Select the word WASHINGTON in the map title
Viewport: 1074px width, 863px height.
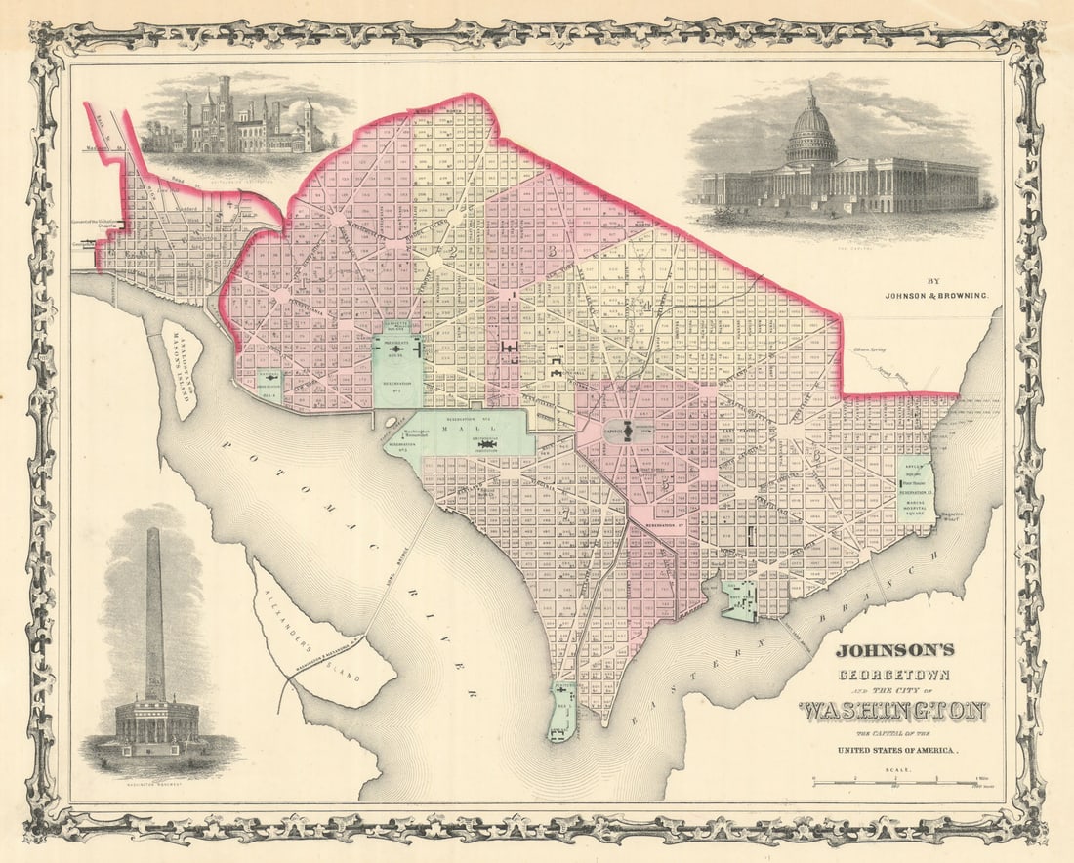click(893, 711)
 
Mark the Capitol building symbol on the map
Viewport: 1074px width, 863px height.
click(630, 429)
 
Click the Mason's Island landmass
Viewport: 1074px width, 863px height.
click(182, 369)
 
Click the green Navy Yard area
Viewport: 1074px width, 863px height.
click(739, 599)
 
